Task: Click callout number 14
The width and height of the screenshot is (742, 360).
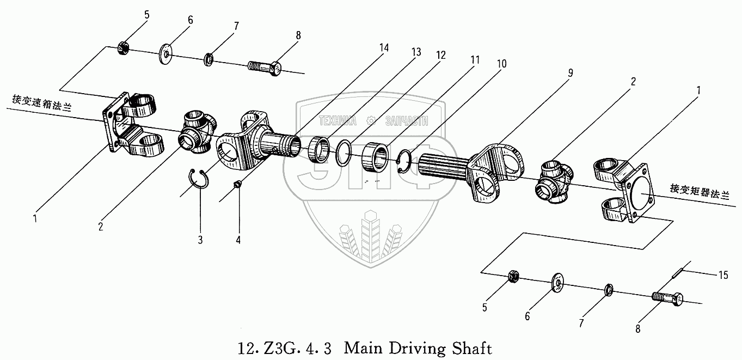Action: [384, 48]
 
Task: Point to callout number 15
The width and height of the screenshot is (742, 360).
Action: [723, 276]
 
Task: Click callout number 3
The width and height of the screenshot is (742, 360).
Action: [200, 239]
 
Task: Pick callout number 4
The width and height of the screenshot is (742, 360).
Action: [238, 239]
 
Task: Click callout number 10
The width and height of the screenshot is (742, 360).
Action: [501, 64]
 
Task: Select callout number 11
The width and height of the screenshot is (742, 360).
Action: [475, 60]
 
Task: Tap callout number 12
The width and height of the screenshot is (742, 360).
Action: [440, 55]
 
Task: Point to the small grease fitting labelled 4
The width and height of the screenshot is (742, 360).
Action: [237, 185]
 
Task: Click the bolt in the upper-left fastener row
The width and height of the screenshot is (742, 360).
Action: [266, 69]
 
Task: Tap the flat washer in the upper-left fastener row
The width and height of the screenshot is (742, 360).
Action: [165, 54]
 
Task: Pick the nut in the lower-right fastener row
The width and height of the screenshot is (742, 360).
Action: [512, 277]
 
